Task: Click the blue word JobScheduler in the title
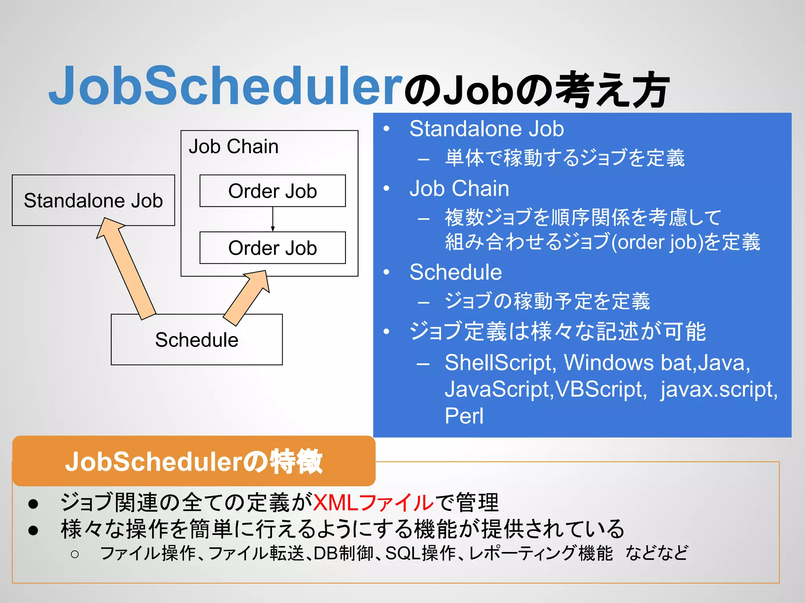click(226, 86)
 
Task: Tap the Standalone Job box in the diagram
click(93, 201)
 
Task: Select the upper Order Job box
click(272, 191)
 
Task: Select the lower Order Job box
click(272, 248)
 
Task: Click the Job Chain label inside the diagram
click(233, 146)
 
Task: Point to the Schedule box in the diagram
click(197, 340)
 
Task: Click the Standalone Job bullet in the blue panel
click(486, 129)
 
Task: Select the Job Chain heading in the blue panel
click(459, 188)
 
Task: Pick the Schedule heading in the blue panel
click(456, 272)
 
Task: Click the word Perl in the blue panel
click(464, 416)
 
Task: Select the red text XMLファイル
click(373, 502)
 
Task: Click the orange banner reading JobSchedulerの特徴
click(194, 461)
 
